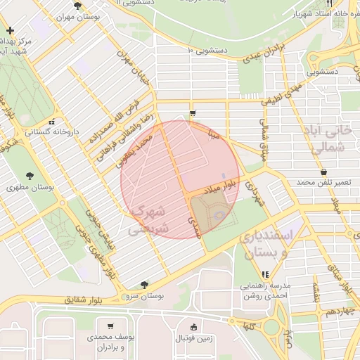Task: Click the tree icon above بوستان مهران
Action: coord(77,6)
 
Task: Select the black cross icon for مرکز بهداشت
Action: coord(10,31)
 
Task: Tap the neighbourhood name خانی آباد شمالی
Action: coord(337,139)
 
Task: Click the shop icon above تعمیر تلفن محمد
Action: coord(323,172)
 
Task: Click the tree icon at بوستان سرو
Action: coord(144,285)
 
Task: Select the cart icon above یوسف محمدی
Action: coord(111,326)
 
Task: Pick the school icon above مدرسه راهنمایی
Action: coord(265,275)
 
